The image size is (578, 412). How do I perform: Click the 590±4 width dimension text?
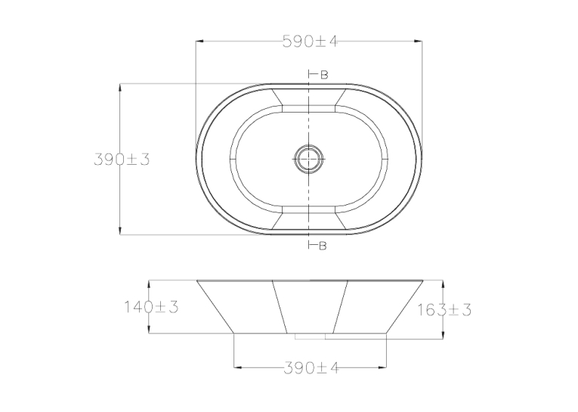[311, 42]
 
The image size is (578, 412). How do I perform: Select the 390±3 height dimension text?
[122, 160]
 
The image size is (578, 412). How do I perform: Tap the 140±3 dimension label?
[151, 306]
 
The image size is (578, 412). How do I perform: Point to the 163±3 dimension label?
[444, 310]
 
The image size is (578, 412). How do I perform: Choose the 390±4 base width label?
[311, 367]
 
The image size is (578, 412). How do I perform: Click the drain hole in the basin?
[309, 159]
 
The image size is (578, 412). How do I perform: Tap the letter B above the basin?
[324, 75]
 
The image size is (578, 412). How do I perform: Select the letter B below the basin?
[323, 246]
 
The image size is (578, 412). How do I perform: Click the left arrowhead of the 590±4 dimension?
[199, 42]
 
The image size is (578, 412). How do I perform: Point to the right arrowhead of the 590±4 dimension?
[418, 42]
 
